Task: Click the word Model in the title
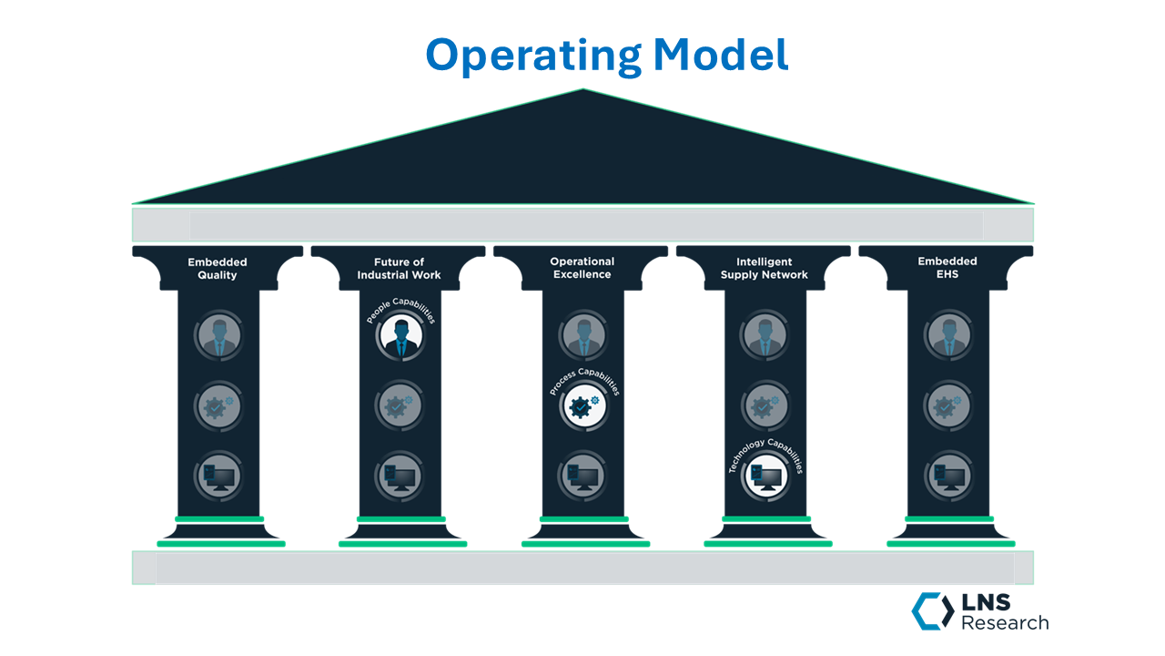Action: click(x=720, y=55)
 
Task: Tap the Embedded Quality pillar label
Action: click(x=218, y=269)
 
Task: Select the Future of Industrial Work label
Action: click(x=399, y=269)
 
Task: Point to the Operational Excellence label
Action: click(x=582, y=268)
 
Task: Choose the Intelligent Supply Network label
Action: click(x=764, y=269)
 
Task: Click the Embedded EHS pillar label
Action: click(x=947, y=269)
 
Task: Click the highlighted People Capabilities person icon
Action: click(x=400, y=336)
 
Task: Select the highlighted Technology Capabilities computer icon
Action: click(x=765, y=477)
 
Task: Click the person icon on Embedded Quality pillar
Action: click(x=218, y=337)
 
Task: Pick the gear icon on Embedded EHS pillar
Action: click(x=947, y=406)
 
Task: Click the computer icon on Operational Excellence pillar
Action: click(x=582, y=476)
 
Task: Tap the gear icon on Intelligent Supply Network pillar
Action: click(x=765, y=406)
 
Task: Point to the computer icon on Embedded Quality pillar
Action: click(x=218, y=476)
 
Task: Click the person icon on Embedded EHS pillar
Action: click(x=947, y=337)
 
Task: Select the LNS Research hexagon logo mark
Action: click(x=932, y=610)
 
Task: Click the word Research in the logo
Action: click(x=1005, y=623)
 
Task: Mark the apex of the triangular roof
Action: click(x=582, y=90)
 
